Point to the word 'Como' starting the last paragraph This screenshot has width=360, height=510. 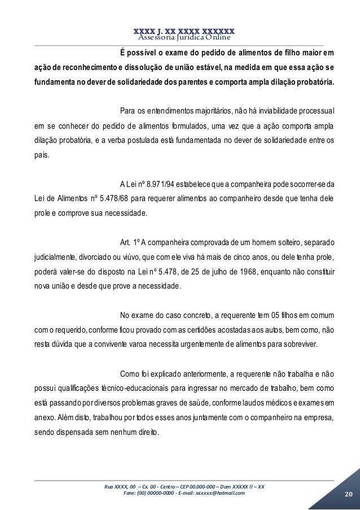click(x=131, y=374)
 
